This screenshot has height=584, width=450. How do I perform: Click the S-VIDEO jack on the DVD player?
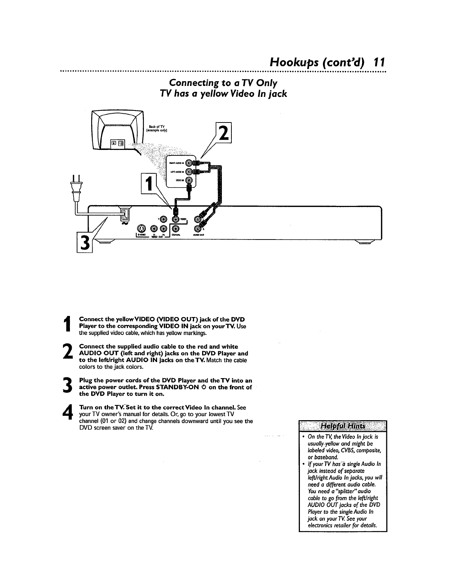coord(141,229)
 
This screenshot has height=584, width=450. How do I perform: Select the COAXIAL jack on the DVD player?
coord(176,229)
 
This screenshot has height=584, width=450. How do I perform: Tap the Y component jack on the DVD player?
coord(163,219)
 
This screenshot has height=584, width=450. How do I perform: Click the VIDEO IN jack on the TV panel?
coord(189,180)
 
